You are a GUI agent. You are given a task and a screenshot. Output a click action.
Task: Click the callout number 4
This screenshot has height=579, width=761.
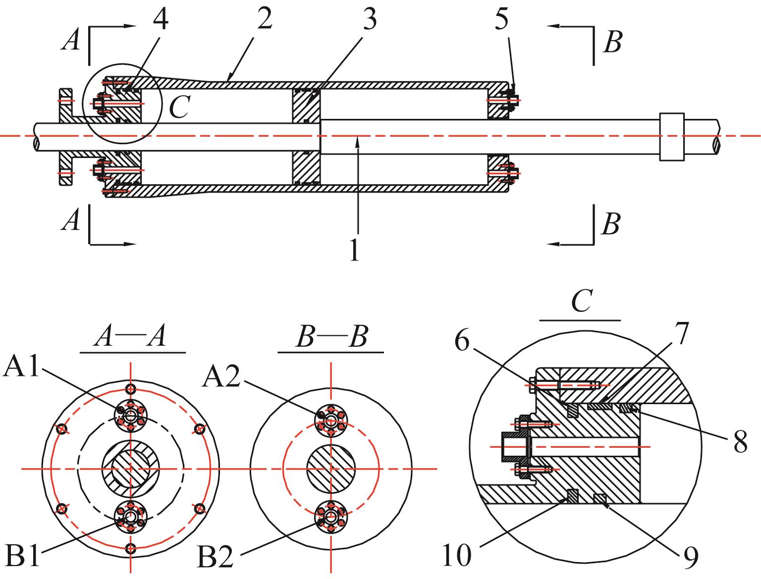click(161, 19)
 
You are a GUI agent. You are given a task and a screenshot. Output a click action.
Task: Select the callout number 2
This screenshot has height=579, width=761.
click(265, 19)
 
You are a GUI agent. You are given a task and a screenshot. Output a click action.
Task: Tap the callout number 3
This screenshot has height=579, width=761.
click(370, 19)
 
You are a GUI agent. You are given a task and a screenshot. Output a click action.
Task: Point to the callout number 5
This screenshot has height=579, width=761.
click(501, 19)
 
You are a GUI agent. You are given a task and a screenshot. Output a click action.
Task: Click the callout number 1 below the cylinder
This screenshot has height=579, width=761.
click(354, 250)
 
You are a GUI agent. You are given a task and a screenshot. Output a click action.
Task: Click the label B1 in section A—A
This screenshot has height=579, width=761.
click(22, 556)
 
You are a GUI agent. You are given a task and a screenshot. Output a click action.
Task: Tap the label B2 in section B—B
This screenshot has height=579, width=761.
click(215, 557)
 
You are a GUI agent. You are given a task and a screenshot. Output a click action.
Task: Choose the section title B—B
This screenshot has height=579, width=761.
click(332, 336)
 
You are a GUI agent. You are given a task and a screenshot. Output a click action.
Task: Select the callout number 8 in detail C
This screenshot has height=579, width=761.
click(741, 442)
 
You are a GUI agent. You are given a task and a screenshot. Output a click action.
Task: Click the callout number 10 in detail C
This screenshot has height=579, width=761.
click(457, 555)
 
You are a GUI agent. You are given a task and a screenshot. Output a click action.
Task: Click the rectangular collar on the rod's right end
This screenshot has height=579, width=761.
click(671, 137)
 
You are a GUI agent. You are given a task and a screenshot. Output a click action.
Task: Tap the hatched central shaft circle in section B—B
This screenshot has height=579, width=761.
click(331, 469)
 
